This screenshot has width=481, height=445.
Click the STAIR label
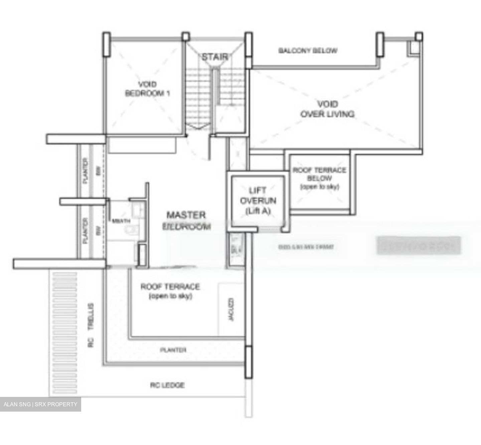pos(215,57)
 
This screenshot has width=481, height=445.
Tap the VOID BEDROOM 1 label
pos(147,89)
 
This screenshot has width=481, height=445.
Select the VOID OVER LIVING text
pos(327,109)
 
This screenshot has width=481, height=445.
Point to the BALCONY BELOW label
pos(308,51)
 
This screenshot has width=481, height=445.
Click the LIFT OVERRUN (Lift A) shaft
pos(258,201)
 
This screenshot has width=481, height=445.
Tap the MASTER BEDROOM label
pos(186,220)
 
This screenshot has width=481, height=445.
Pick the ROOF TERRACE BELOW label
pos(319,178)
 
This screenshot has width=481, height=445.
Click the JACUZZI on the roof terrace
pos(231,310)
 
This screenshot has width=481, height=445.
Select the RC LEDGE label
pos(167,385)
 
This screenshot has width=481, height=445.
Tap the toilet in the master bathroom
pos(133,229)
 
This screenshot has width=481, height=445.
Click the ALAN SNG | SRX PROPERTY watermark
pos(40,404)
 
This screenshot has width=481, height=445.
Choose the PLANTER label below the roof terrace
pos(173,350)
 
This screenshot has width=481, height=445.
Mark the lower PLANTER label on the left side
pos(86,230)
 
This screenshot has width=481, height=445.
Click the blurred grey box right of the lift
pos(419,246)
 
